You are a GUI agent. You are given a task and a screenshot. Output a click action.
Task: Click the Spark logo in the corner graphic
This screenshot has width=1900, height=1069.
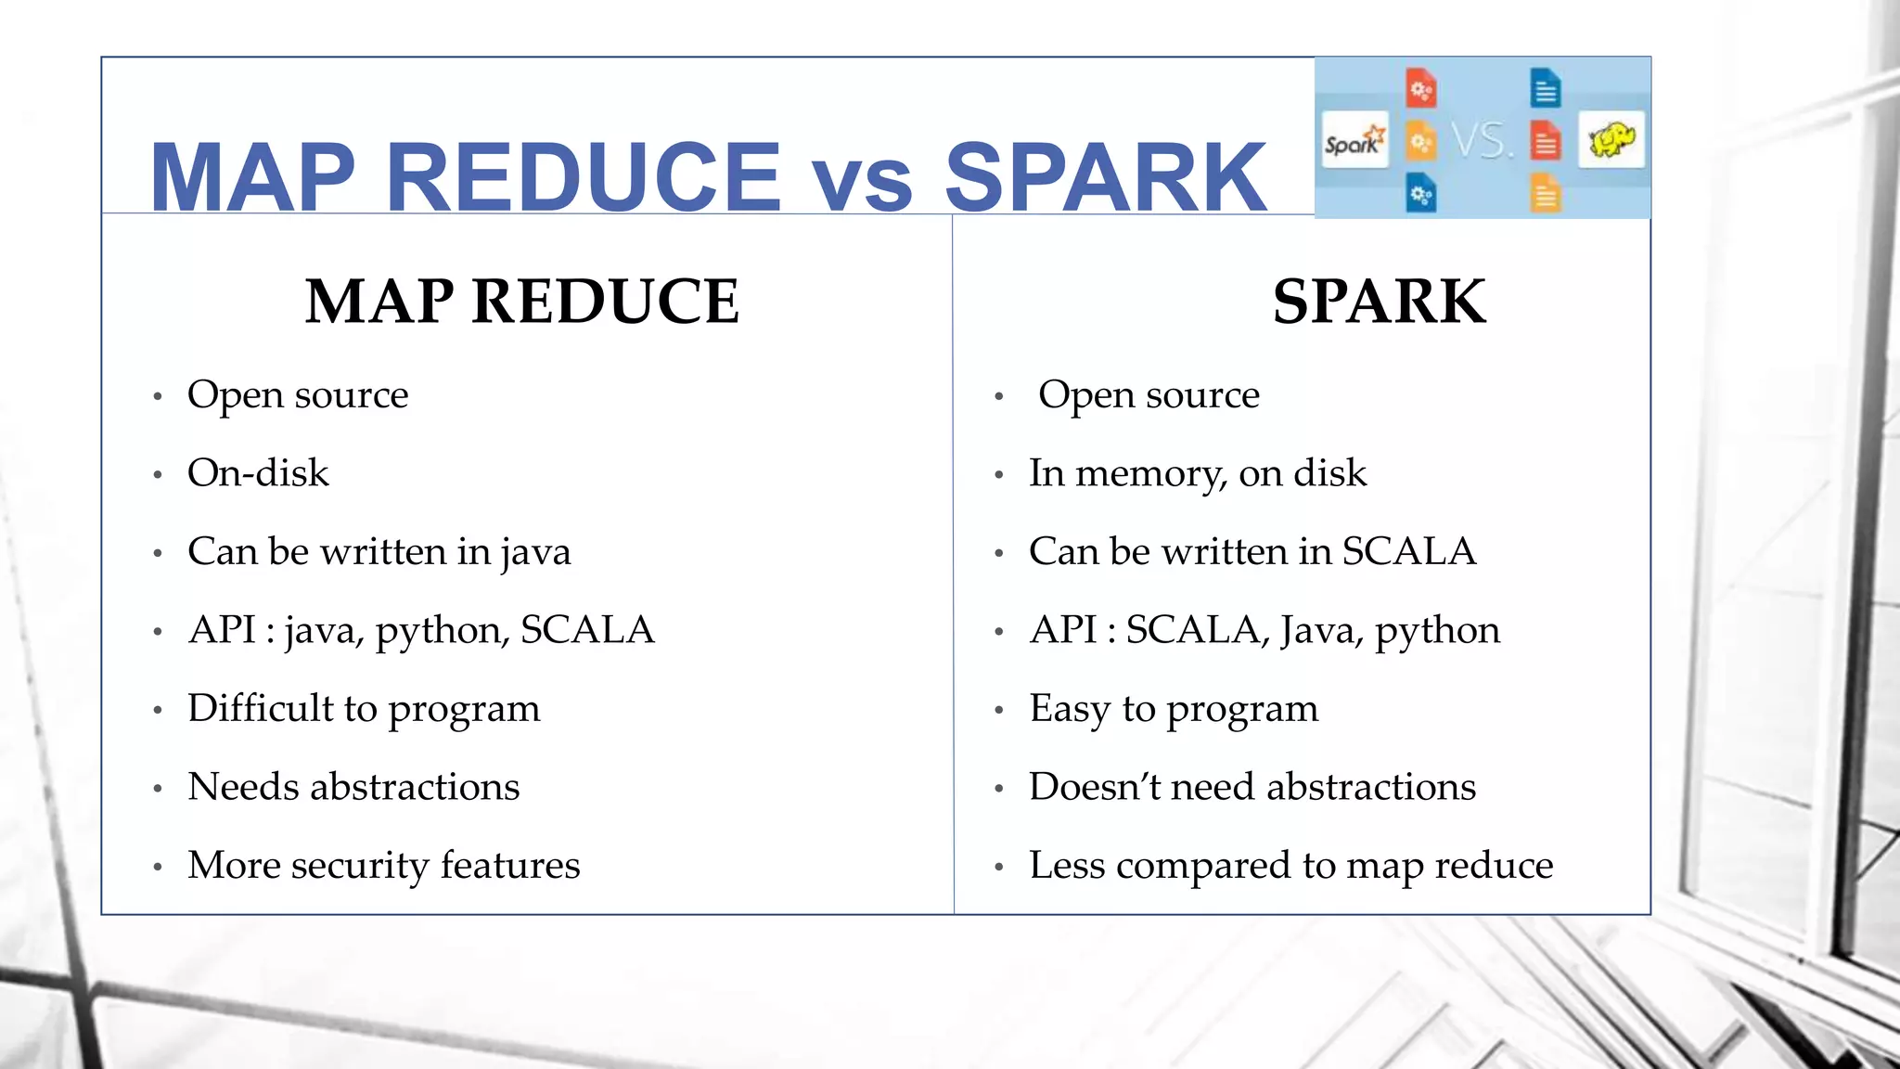1354,141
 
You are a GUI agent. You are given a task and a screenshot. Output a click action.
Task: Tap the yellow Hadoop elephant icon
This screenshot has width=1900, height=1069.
1611,140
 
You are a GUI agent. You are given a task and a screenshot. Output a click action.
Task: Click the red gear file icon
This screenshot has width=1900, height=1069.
1420,89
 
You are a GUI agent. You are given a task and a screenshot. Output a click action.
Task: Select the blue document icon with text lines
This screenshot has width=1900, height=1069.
1545,89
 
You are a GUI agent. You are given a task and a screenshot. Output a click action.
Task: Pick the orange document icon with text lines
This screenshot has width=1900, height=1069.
1545,194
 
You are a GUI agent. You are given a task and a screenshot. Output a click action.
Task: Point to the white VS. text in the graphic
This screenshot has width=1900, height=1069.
1482,141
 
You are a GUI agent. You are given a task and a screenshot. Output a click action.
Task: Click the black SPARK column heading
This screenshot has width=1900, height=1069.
1379,302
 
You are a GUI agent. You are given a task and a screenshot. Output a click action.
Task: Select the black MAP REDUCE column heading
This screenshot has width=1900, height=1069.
522,302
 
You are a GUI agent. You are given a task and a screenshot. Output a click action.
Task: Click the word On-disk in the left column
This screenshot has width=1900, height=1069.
258,473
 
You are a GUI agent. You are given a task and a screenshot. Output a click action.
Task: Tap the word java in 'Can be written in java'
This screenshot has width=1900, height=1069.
535,553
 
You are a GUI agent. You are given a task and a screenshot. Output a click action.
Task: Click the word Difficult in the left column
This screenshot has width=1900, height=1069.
260,708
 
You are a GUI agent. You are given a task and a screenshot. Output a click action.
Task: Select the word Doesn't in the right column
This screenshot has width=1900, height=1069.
1095,787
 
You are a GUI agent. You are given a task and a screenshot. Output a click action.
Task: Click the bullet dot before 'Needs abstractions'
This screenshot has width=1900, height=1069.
158,789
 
